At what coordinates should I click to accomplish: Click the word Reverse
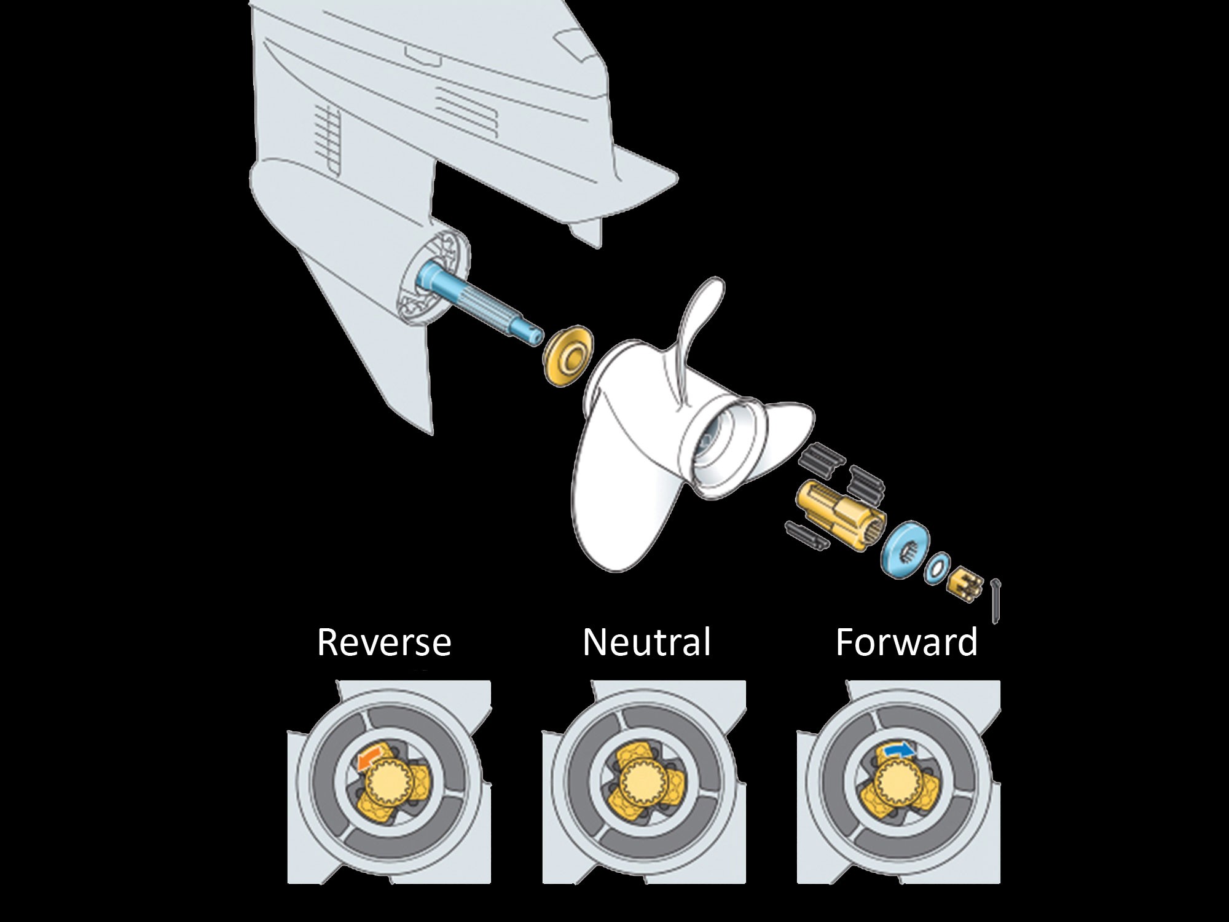(384, 642)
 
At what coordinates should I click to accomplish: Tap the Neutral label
(646, 642)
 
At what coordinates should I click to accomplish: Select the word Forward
(906, 642)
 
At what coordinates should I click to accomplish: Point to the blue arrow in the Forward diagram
(899, 751)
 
